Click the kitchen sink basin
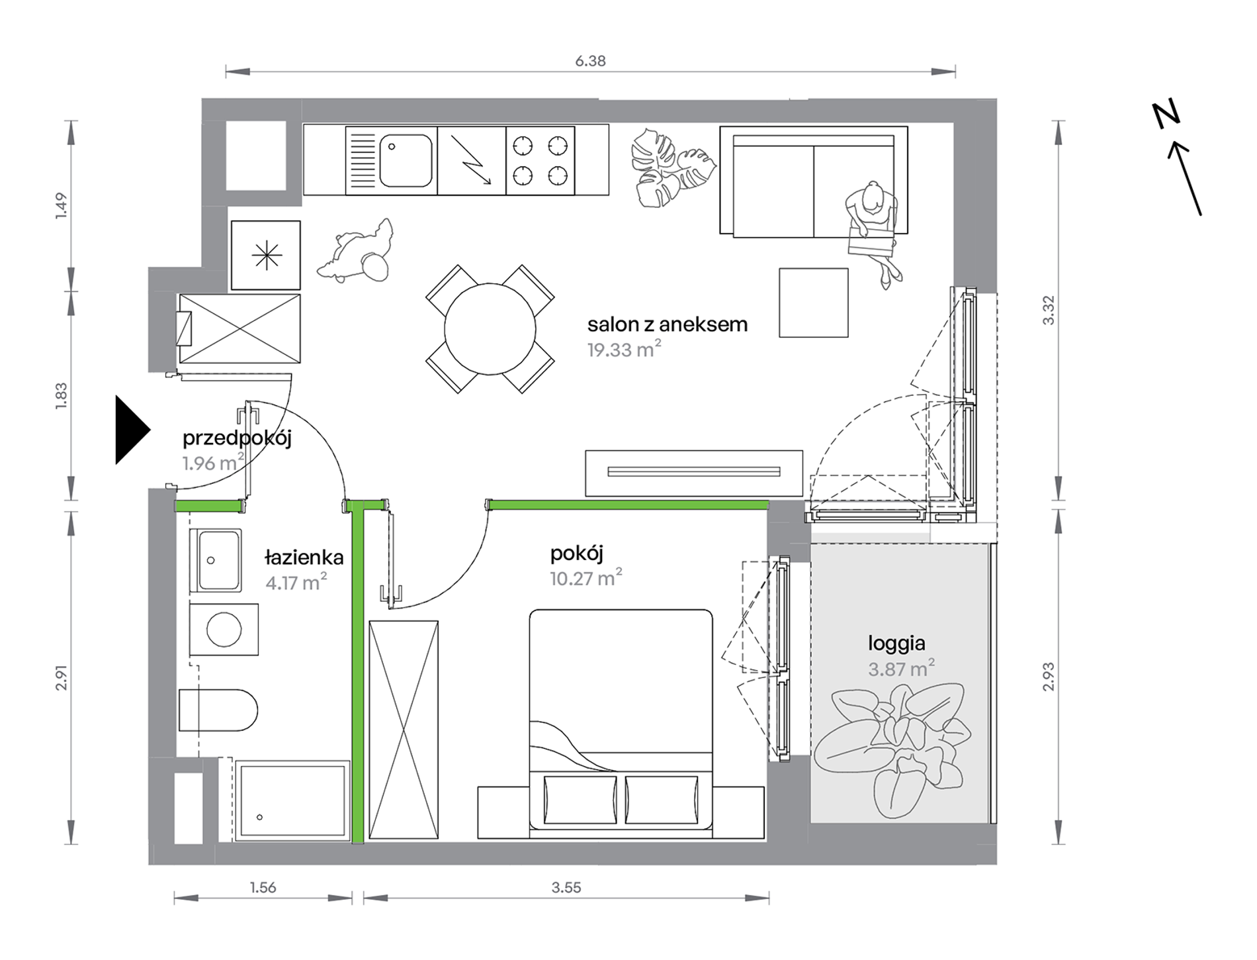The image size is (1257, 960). click(x=406, y=161)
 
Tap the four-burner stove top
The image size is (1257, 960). click(x=541, y=161)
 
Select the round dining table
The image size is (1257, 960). click(x=490, y=329)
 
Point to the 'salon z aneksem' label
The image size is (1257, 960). click(x=668, y=324)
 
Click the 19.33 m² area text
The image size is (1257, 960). click(x=625, y=349)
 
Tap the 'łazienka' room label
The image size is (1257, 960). click(x=304, y=557)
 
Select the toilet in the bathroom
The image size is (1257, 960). click(x=218, y=710)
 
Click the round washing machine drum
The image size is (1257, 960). click(x=224, y=629)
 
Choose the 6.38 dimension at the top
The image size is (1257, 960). click(x=590, y=61)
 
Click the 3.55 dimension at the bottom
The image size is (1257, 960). click(x=566, y=887)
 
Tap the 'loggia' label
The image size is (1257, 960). click(x=896, y=644)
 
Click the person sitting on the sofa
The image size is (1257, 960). click(x=873, y=232)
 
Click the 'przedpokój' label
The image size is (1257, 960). click(x=237, y=438)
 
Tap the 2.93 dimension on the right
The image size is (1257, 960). click(x=1049, y=677)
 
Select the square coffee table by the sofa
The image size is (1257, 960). click(x=813, y=303)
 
